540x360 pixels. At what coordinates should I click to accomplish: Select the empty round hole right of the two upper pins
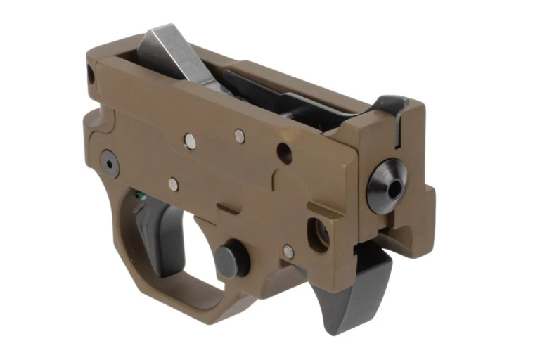click(x=284, y=152)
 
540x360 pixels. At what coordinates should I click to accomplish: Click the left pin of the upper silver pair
click(x=189, y=141)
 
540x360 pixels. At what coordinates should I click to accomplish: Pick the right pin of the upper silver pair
click(x=240, y=136)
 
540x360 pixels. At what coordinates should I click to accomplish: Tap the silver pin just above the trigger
click(x=173, y=184)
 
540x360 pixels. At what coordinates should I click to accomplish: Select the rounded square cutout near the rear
click(x=318, y=233)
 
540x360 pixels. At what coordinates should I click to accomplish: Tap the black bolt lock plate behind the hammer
click(x=281, y=98)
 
